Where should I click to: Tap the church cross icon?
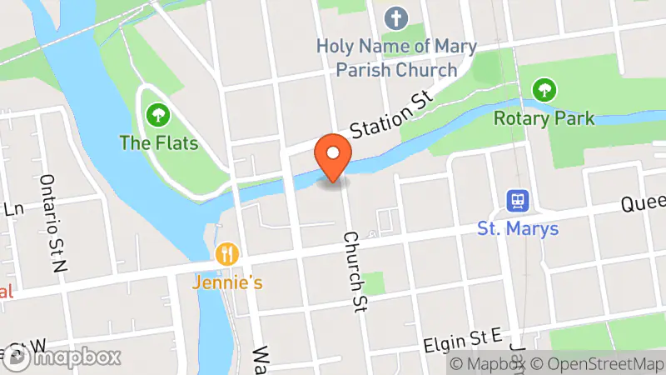395,17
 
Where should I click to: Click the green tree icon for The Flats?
157,114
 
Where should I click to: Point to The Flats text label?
159,142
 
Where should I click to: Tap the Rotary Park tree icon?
544,88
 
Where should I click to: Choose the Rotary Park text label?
544,117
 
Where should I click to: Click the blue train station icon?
518,200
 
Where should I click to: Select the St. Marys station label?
518,228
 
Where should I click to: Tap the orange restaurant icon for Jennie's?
226,254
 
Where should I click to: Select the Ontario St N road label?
52,222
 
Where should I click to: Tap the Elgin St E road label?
462,337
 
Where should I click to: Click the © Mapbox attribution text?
489,364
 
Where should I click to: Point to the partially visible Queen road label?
645,202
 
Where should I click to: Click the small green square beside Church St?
374,282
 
